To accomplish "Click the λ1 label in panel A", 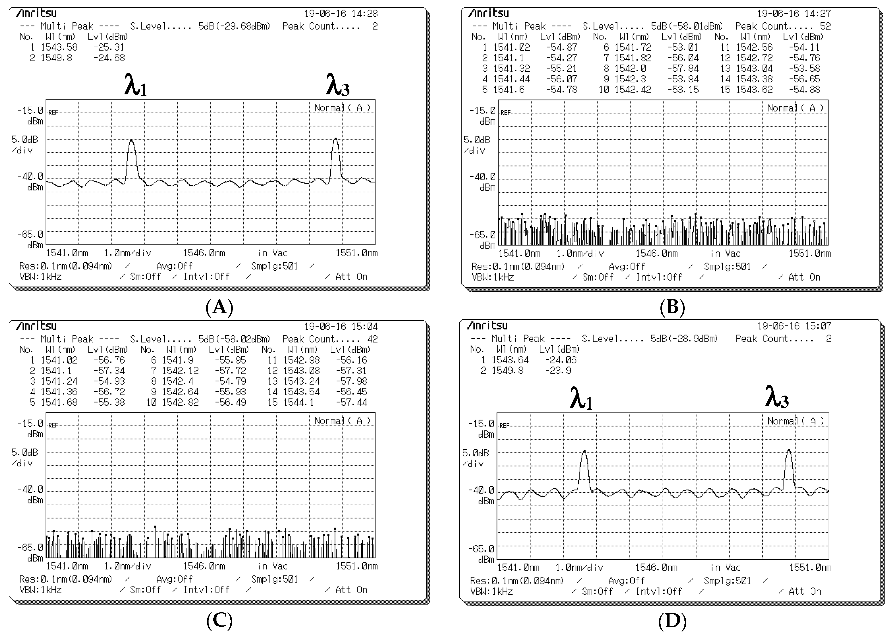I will (x=135, y=85).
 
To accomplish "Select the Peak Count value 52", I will (x=825, y=26).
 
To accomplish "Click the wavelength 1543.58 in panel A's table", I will (x=59, y=47).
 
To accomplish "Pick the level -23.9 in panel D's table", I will (x=558, y=370).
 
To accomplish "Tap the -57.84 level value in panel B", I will (x=683, y=68).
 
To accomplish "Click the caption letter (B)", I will (x=672, y=307).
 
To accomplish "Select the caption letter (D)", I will (x=672, y=621).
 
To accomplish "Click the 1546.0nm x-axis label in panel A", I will (x=204, y=253).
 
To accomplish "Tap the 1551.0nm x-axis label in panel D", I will (x=810, y=568).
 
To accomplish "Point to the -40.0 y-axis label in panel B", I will (x=482, y=177).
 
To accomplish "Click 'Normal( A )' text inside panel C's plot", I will (x=342, y=421).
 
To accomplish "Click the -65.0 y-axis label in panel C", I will (x=30, y=547).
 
